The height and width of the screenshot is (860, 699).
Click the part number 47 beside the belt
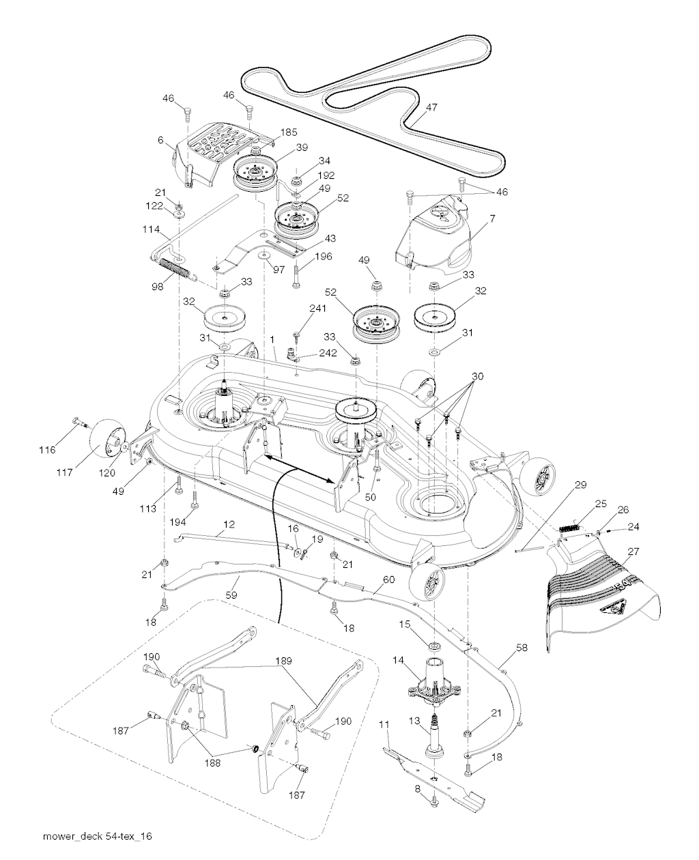click(431, 107)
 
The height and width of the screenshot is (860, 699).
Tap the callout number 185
click(288, 132)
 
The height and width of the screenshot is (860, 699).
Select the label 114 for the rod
click(151, 229)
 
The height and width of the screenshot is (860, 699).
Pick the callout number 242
click(328, 354)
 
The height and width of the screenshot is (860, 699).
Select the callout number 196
click(323, 257)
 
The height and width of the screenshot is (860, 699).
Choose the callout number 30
click(477, 376)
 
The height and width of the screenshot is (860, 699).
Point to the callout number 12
click(229, 524)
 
